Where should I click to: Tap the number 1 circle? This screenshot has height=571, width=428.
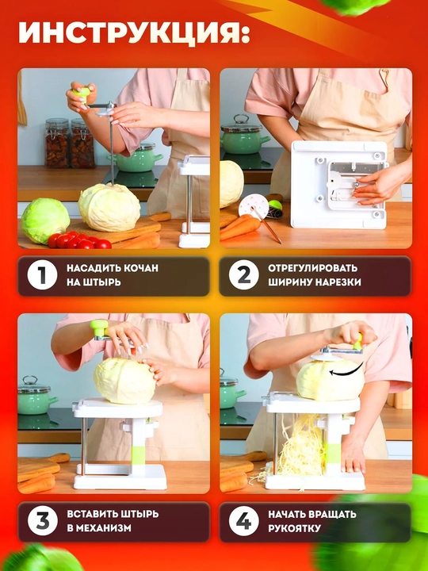tap(42, 275)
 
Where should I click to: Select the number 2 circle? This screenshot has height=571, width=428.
tap(243, 275)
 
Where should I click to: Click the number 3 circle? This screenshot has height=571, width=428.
tap(42, 521)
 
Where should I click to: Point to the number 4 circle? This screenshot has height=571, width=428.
tap(243, 521)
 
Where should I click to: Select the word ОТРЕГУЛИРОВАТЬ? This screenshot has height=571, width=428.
tap(312, 268)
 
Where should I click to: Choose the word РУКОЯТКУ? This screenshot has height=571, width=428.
tap(294, 528)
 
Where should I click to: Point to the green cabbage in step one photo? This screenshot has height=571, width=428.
tap(45, 220)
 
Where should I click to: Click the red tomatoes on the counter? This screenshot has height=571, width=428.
tap(78, 240)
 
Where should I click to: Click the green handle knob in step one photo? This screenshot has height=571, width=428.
tap(82, 95)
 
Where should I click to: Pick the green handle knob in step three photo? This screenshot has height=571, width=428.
tap(99, 328)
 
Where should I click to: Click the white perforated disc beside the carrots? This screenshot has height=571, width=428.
tap(254, 205)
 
